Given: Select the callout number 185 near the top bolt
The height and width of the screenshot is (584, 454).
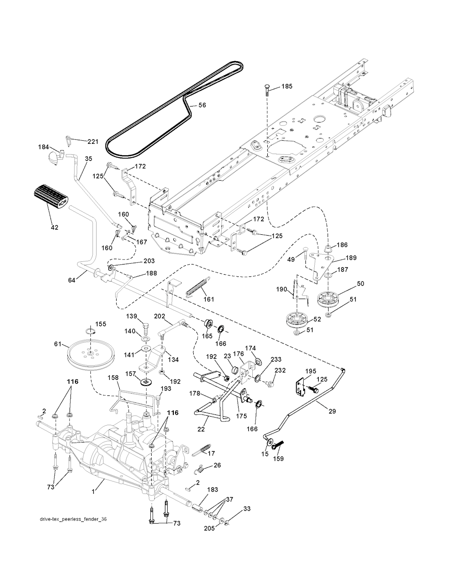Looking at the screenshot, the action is [287, 87].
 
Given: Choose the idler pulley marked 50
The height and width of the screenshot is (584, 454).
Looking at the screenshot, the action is [328, 299].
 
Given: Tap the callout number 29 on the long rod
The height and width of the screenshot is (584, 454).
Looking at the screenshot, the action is [332, 411].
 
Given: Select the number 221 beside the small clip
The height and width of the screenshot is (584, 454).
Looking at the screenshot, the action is [93, 142].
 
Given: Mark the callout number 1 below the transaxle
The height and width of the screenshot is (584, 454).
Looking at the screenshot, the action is [93, 492].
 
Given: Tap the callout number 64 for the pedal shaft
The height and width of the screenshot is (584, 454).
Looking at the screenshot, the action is [72, 280].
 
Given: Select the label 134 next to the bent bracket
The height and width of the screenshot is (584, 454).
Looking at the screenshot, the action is [173, 359].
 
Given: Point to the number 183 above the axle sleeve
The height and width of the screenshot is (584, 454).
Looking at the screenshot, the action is [213, 489].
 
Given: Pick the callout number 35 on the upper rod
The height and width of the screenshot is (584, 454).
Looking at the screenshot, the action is [88, 158].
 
